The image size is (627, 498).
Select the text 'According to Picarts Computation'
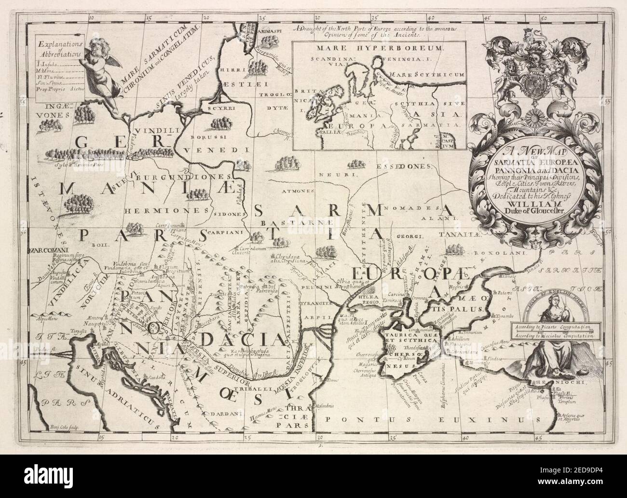pyautogui.click(x=551, y=327)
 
